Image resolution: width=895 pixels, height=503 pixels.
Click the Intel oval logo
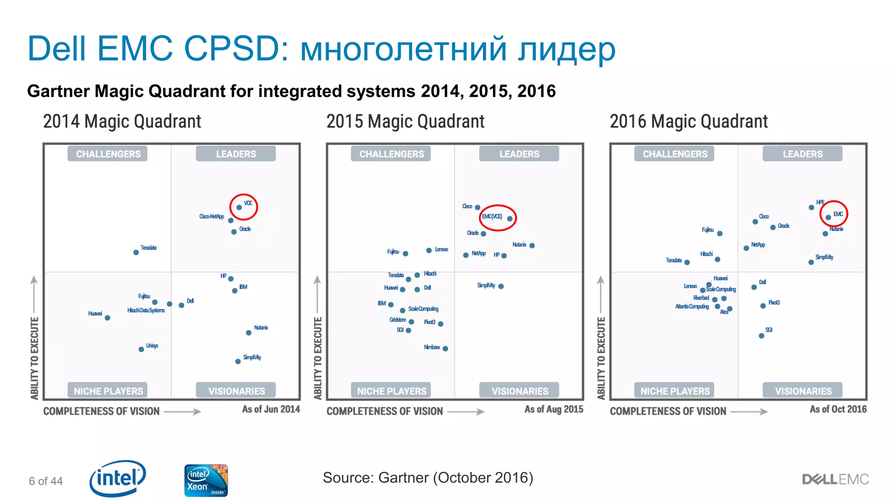[118, 479]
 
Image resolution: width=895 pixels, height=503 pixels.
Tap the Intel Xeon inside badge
[206, 480]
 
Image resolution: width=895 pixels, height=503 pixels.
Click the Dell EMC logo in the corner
[835, 479]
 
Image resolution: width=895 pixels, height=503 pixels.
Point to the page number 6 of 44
[46, 481]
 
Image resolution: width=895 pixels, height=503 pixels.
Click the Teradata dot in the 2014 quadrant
[136, 252]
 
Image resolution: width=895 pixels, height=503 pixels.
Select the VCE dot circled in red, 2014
[239, 207]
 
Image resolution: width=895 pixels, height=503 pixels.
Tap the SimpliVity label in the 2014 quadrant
[252, 357]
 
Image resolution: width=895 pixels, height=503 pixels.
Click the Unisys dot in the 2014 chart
[141, 349]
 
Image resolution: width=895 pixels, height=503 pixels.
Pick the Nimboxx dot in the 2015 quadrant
[445, 348]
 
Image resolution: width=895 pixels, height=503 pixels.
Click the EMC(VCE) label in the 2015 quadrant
[492, 217]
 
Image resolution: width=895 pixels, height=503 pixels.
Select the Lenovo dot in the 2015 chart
[429, 250]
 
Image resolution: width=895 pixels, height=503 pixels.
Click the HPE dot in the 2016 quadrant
[811, 207]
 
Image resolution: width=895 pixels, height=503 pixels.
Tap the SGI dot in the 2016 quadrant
[761, 336]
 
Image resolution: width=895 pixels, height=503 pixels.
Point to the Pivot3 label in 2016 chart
[774, 303]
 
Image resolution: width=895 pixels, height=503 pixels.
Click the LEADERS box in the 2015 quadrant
[519, 154]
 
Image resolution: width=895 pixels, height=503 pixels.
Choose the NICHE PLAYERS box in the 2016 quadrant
[675, 391]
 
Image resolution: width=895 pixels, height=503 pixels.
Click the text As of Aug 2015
[554, 409]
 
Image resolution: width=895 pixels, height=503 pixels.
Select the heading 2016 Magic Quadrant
[688, 121]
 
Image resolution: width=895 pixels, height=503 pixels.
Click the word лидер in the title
[567, 49]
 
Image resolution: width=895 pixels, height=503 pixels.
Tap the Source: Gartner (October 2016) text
[428, 478]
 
